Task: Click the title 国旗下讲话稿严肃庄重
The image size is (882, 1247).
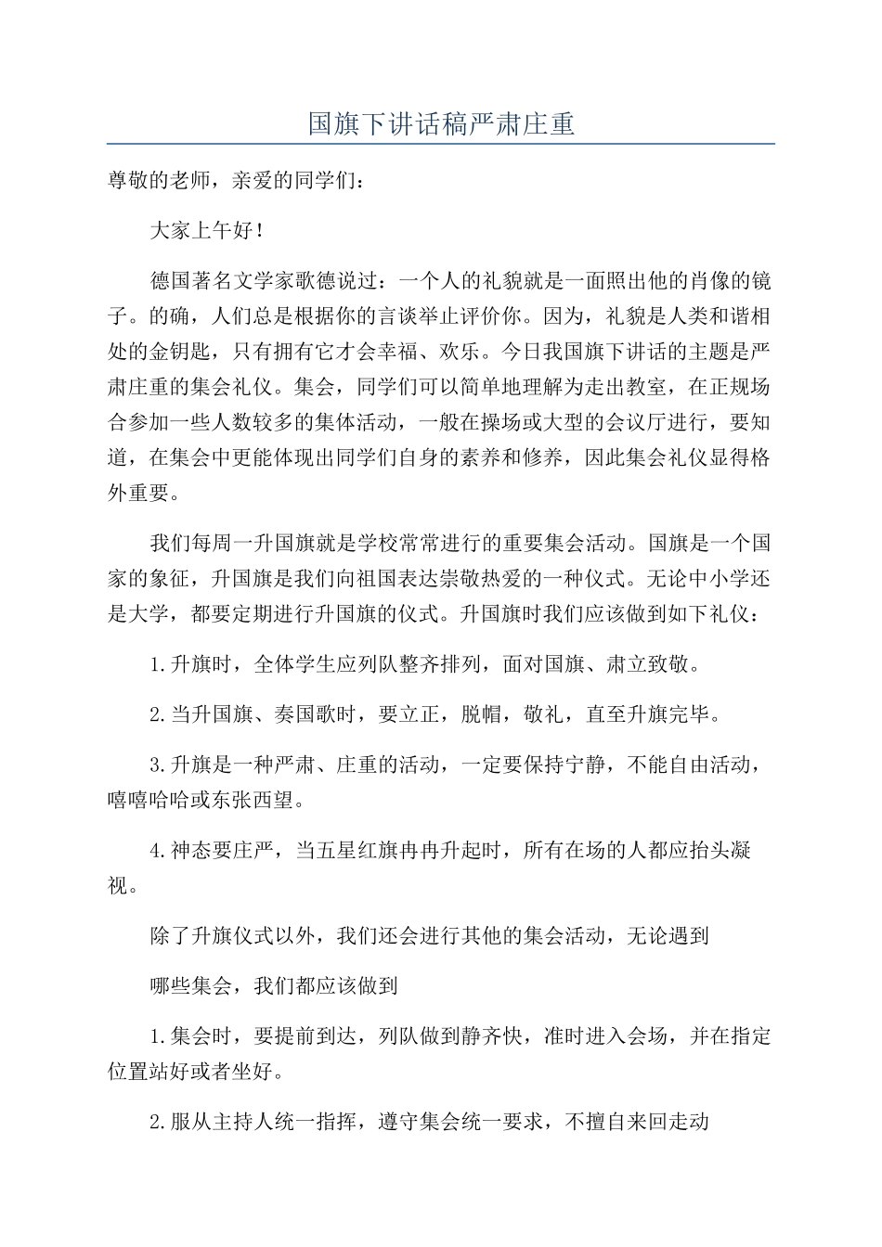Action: [x=441, y=122]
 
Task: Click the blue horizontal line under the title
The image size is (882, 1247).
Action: [x=441, y=144]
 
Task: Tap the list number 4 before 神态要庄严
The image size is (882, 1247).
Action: [x=155, y=851]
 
